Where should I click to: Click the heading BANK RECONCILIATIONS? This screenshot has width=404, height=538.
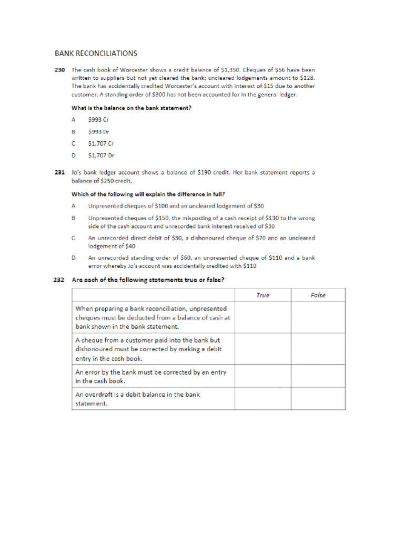point(96,53)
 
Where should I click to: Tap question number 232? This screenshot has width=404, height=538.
point(59,280)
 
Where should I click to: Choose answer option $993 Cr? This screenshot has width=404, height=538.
point(98,120)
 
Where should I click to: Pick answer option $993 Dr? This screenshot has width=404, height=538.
point(98,132)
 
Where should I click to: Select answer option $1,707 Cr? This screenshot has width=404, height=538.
point(101,143)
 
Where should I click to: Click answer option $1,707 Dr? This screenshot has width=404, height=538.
point(101,156)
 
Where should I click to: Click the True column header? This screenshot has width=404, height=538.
point(262,295)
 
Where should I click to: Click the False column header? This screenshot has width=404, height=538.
point(318,295)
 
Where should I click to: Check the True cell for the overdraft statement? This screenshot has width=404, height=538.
point(262,399)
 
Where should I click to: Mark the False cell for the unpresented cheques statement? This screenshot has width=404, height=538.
point(318,317)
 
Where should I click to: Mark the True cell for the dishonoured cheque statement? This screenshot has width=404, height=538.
point(262,349)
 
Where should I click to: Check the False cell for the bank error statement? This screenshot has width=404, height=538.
point(318,376)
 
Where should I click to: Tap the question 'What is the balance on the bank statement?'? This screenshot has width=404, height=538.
point(131,108)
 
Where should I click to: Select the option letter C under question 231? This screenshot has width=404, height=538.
point(74,238)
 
